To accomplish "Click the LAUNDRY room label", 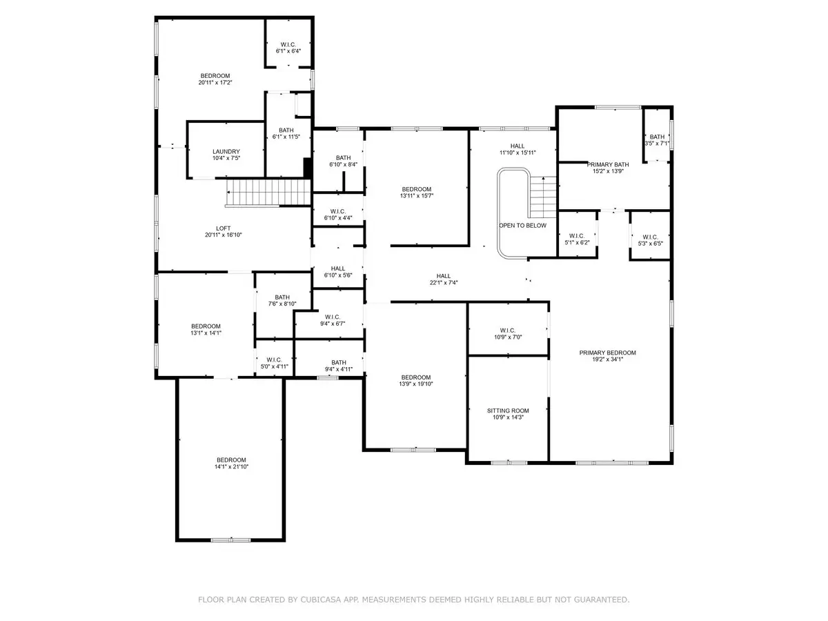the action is tap(226, 152).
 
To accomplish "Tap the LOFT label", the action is tap(224, 228).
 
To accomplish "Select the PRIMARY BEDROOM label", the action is tap(607, 353).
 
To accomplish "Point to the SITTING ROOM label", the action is tap(508, 411).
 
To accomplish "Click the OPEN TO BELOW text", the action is tap(522, 226).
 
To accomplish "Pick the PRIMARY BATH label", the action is tap(608, 165).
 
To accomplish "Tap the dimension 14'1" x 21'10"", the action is tap(231, 467).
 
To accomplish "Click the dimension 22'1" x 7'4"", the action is tap(443, 282).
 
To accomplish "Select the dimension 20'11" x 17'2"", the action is tap(215, 83).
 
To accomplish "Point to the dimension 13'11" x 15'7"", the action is tap(417, 196).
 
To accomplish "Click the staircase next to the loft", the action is tap(268, 193).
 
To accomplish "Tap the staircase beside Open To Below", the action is tap(542, 197).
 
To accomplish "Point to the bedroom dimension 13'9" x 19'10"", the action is tap(415, 384).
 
